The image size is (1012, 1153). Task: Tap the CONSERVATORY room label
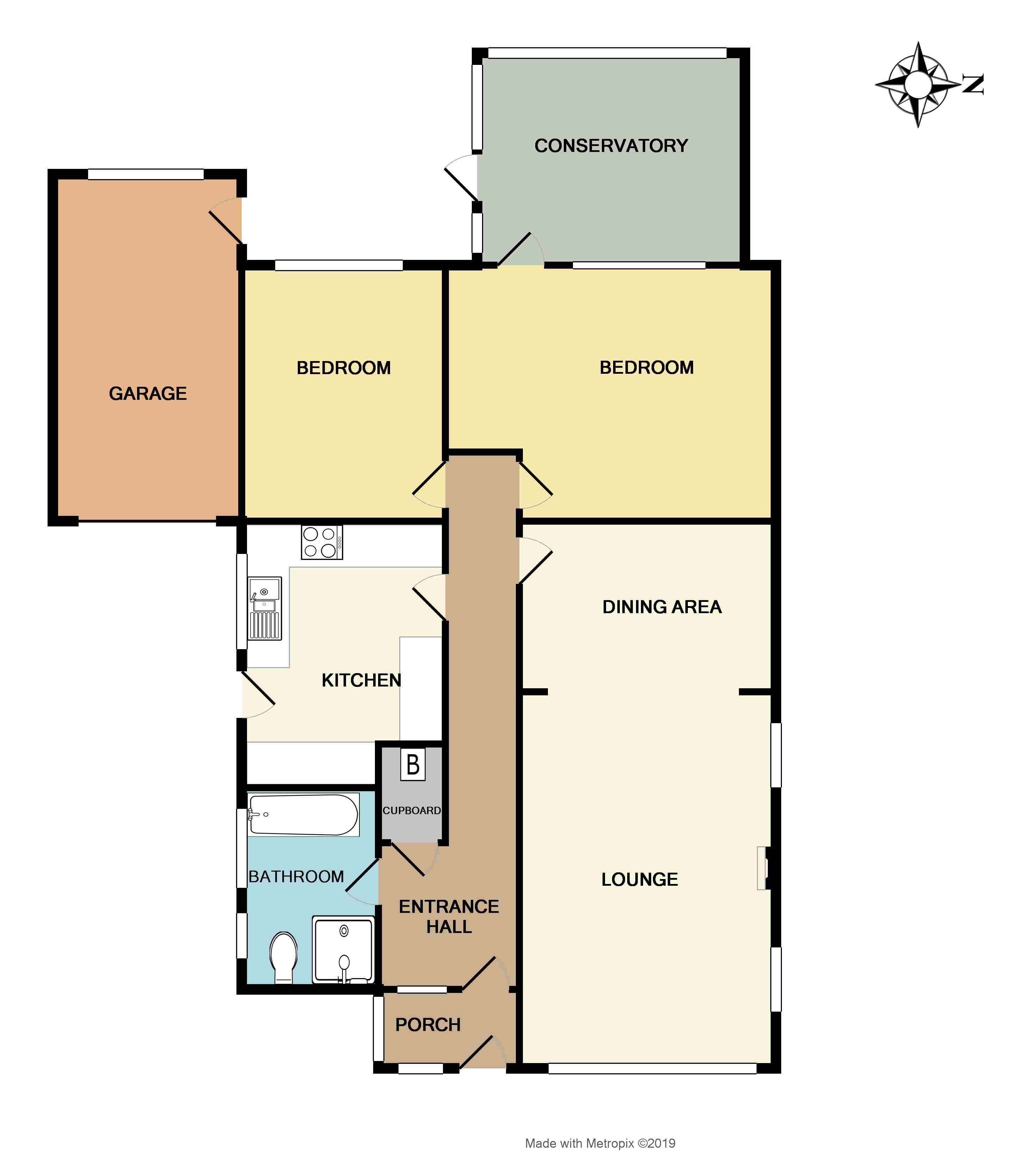611,146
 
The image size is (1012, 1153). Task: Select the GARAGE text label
148,393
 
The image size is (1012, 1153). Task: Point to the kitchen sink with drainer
264,608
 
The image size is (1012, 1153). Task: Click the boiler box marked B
413,765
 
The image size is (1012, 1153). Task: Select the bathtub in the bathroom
303,815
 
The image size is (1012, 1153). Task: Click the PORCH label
428,1024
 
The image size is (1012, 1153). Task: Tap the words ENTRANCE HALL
449,916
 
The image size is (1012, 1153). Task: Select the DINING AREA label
662,607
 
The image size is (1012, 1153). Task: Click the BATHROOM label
296,877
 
